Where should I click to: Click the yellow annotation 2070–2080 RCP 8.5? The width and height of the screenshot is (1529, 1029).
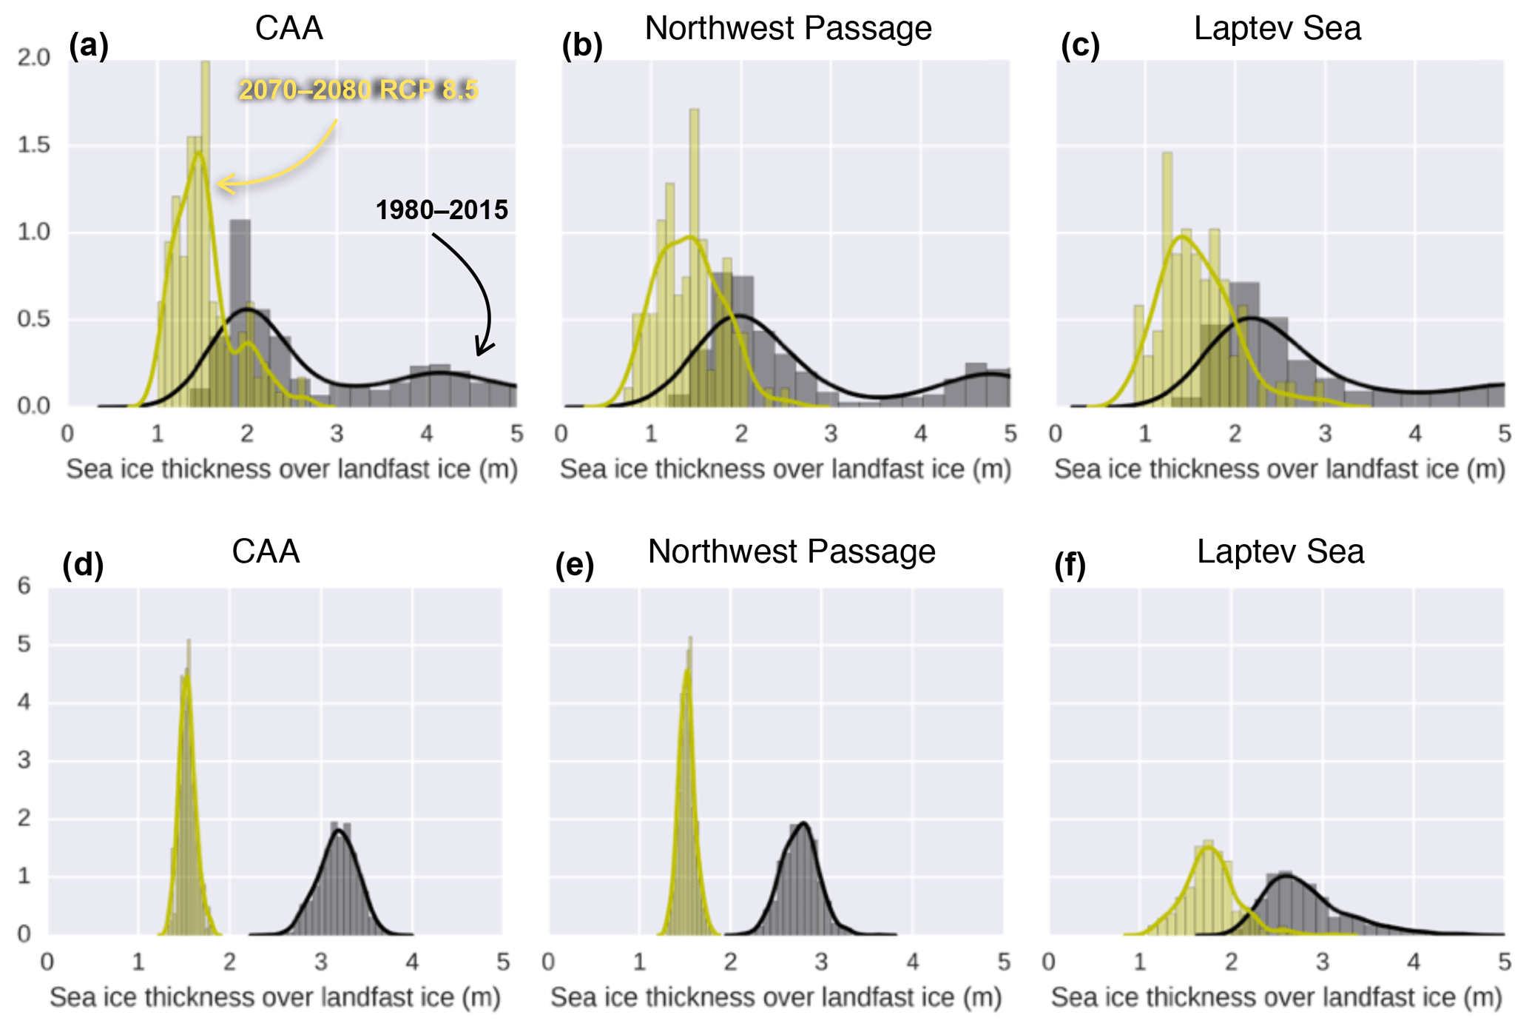pos(359,90)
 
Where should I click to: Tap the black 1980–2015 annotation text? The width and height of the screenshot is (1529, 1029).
pos(442,210)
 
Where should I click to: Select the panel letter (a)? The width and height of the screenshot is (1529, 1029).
pos(89,46)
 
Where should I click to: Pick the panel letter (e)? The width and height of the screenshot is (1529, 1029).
pos(575,566)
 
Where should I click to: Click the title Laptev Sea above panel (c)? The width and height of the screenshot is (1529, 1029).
pos(1277,29)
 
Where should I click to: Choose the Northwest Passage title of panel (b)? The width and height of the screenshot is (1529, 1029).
pos(788,29)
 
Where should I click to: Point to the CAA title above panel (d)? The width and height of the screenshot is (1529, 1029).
pos(266,552)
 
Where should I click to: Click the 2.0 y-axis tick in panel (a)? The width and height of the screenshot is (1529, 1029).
pos(34,58)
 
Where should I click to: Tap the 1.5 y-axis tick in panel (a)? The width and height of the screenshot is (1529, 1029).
pos(34,145)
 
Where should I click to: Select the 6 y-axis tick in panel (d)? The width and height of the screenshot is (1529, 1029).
pos(25,586)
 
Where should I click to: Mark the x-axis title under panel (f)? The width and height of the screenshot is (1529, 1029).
pos(1276,998)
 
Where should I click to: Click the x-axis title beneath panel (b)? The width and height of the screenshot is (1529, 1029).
pos(785,469)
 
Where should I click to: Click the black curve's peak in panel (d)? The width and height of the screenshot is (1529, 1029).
pos(339,831)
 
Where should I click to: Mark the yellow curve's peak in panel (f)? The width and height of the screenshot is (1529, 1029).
pos(1209,848)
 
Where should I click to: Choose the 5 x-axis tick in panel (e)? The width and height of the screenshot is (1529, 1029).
pos(1004,962)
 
